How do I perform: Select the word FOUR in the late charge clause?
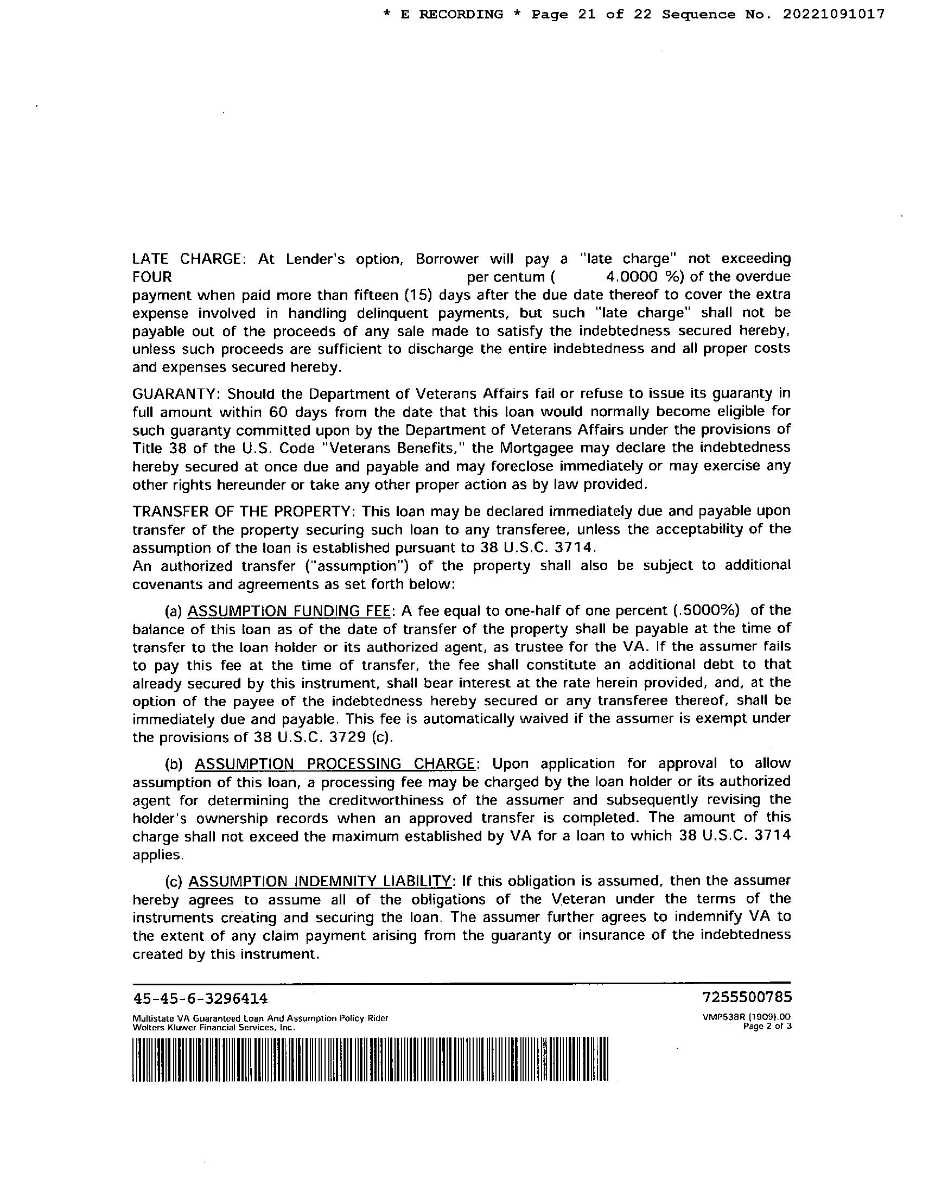(152, 277)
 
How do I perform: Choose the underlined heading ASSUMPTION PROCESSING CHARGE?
(335, 763)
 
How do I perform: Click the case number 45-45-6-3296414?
(200, 997)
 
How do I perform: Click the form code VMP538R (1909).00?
(747, 1016)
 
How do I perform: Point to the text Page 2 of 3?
(767, 1027)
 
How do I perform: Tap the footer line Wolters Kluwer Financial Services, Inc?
(214, 1028)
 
